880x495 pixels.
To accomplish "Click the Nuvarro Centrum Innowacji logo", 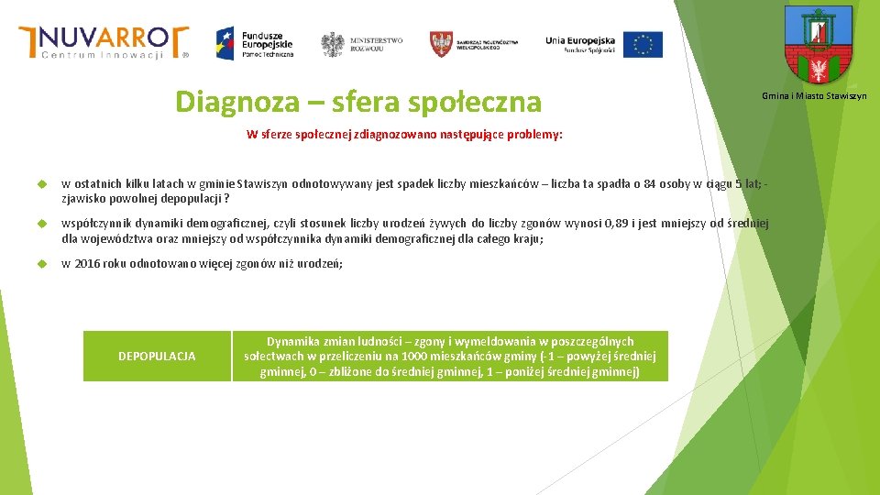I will [x=104, y=42].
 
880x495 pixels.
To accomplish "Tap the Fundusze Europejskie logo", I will [x=255, y=42].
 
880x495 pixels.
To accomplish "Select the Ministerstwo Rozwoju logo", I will [x=362, y=44].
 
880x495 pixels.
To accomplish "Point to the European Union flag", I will [x=643, y=44].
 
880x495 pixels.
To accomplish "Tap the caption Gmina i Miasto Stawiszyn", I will [x=814, y=96].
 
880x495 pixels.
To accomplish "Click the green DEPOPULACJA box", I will [x=157, y=356].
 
